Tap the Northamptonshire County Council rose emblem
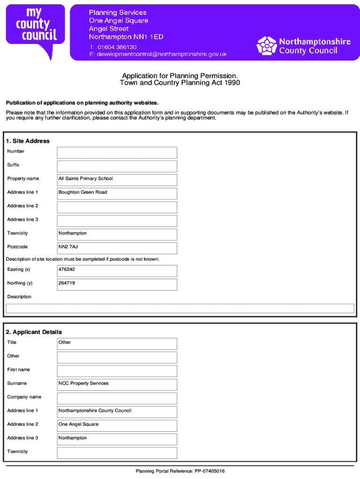coord(266,45)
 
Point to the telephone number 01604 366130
coord(117,47)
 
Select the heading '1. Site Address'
coord(28,141)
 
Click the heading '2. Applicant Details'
coord(34,332)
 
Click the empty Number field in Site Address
coord(117,152)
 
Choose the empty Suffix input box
coord(117,166)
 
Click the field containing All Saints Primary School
coord(117,180)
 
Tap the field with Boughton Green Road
coord(117,193)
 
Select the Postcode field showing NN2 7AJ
coord(117,248)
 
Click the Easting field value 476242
coord(117,270)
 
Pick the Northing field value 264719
coord(117,284)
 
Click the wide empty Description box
coord(180,308)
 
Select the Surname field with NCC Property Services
coord(117,385)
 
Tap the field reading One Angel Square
coord(117,425)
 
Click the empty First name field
coord(117,371)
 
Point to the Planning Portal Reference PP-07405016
coord(180,471)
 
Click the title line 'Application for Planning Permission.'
coord(180,76)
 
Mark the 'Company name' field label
coord(24,397)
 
